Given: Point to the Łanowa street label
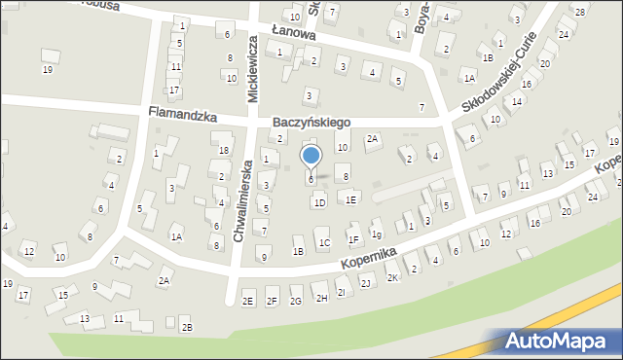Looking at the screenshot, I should click(294, 32).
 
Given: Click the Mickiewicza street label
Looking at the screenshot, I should click(251, 70).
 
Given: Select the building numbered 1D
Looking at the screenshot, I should click(319, 202).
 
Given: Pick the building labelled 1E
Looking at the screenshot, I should click(350, 199).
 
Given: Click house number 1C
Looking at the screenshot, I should click(325, 242).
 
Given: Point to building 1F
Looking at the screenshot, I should click(353, 238).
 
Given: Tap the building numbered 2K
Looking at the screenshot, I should click(392, 277).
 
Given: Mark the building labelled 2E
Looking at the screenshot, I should click(247, 302).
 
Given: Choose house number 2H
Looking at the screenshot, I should click(321, 298).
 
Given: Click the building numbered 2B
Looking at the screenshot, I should click(187, 327).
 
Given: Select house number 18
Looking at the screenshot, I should click(224, 150).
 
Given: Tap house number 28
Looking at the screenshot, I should click(580, 12).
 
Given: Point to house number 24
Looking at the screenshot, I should click(593, 197).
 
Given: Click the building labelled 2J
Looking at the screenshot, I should click(365, 283).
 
